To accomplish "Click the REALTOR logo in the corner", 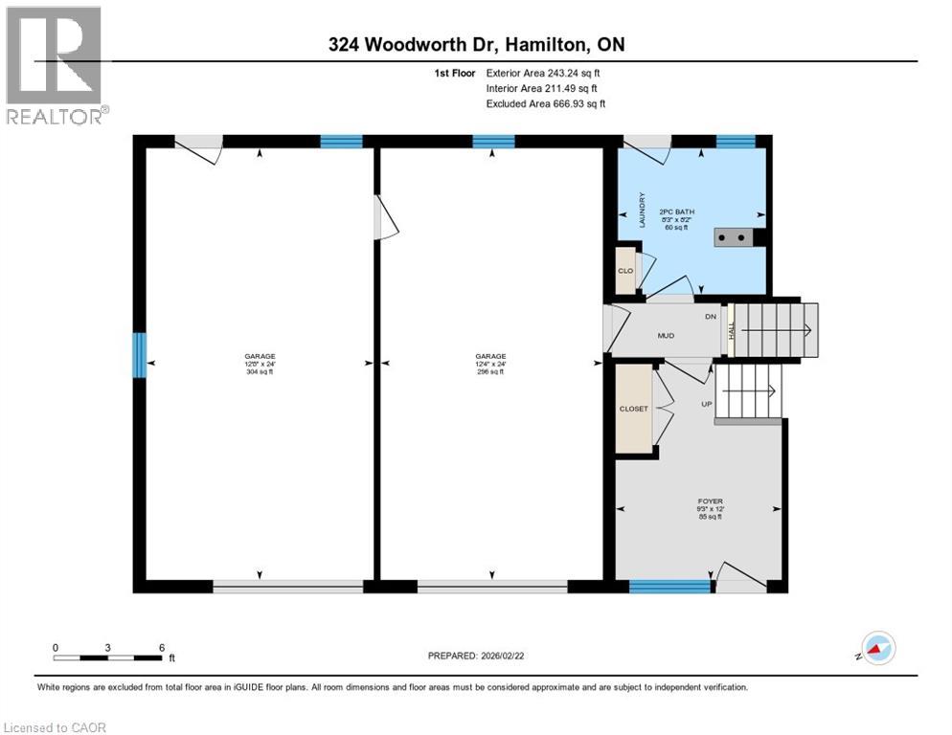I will [x=54, y=65].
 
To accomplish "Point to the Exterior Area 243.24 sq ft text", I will [x=543, y=73].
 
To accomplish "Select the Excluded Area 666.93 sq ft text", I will [x=545, y=103].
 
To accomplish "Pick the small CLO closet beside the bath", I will [x=625, y=271].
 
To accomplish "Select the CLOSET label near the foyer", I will [x=633, y=409].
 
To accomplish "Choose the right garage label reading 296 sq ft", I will [x=491, y=364].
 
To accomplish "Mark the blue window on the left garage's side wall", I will [x=139, y=354].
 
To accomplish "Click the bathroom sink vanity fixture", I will [x=735, y=237].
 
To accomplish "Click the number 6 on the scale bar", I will [x=162, y=647].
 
